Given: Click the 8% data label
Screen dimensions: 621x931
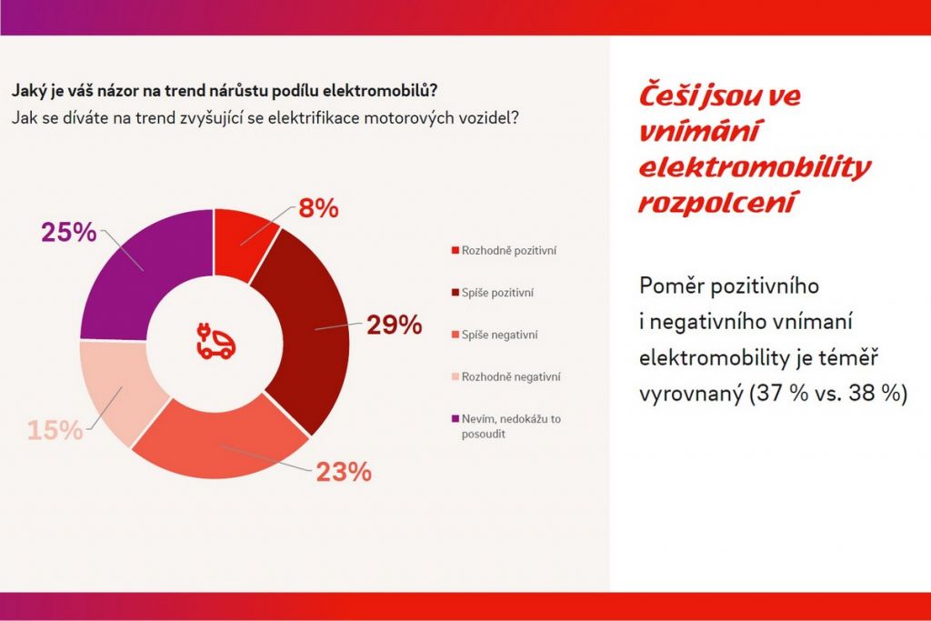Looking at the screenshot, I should (318, 208).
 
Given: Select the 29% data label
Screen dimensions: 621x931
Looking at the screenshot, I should (394, 325).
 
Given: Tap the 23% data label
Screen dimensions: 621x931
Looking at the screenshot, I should (344, 472).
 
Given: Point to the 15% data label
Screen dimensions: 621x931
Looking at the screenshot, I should (55, 430).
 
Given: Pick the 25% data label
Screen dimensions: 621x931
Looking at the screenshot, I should (68, 232).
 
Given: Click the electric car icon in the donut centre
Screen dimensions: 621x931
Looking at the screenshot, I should (215, 338).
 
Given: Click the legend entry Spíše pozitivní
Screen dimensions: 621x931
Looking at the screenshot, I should (497, 293).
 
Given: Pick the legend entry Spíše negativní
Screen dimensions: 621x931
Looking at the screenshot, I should (499, 336).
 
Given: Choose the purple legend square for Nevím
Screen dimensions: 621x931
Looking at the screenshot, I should (454, 419).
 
